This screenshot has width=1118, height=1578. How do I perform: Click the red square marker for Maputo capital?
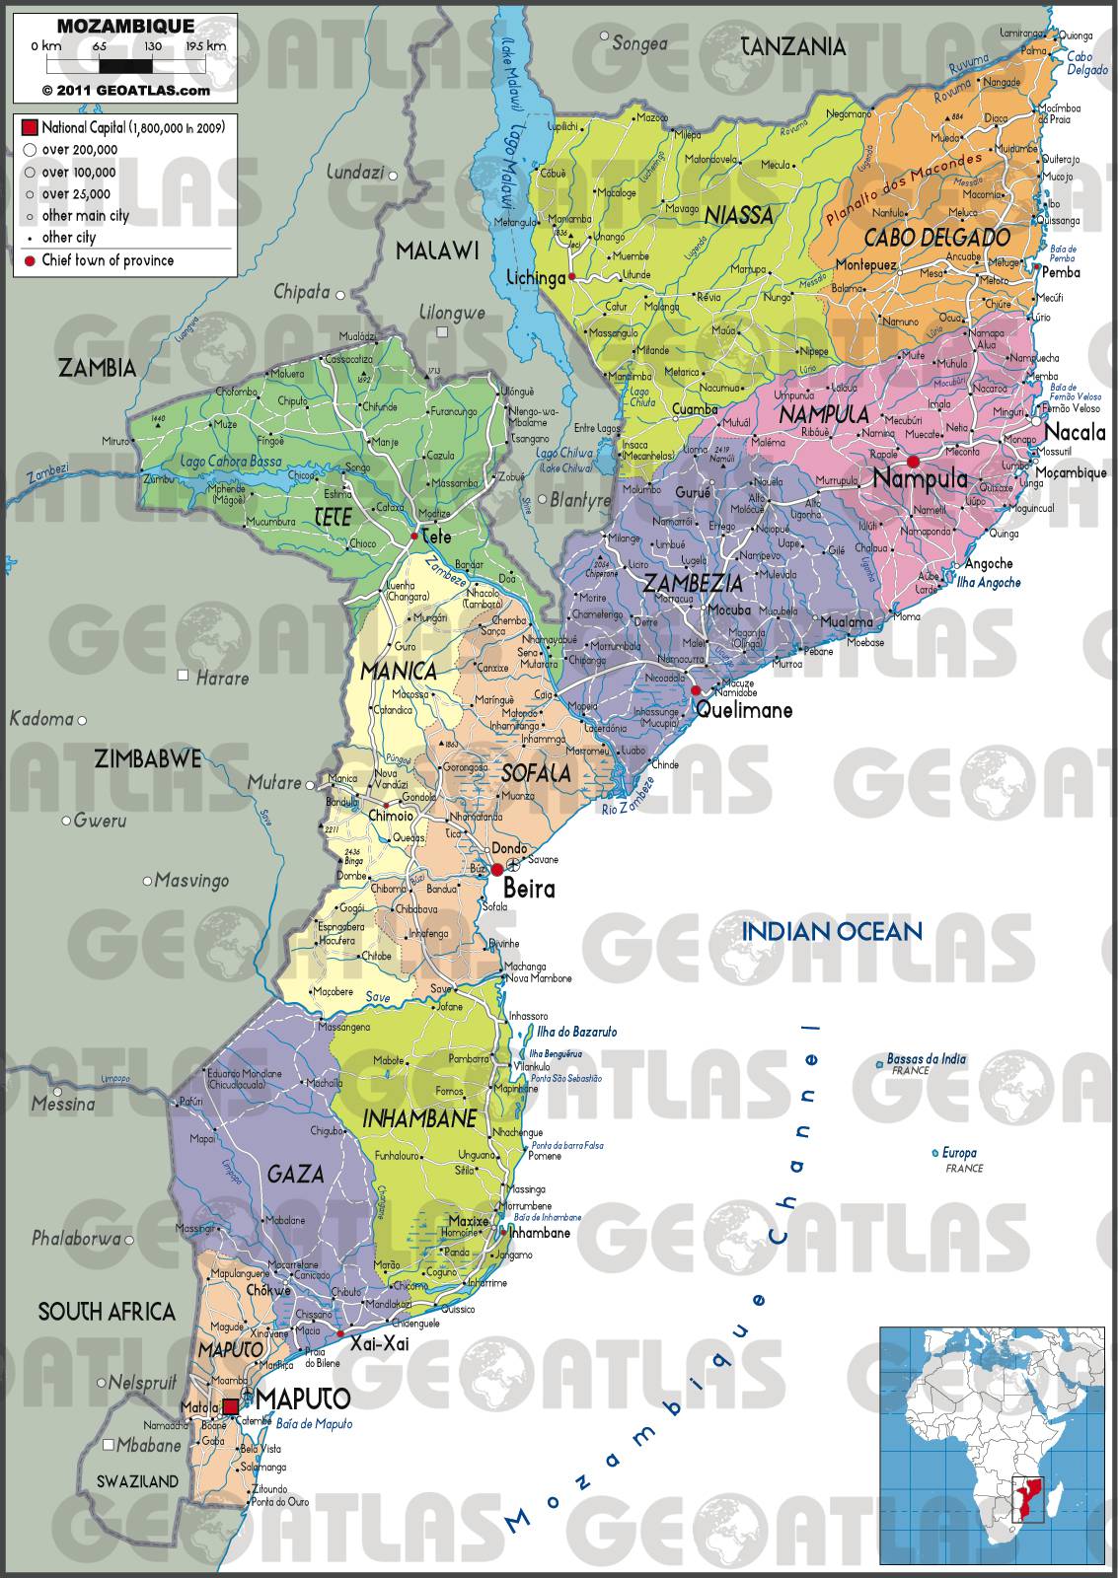pos(230,1406)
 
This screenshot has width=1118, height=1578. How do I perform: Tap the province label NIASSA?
pos(738,214)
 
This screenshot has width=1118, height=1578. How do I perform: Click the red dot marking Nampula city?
pos(913,462)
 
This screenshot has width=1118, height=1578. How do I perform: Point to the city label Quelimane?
pos(744,709)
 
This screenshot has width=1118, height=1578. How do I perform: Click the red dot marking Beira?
pos(497,869)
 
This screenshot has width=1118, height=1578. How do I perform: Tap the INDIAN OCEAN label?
pos(832,930)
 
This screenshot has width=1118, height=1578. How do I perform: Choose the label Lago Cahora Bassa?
pos(231,462)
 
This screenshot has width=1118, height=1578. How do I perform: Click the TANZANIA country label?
pos(793,46)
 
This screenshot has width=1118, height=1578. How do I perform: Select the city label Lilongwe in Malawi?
pos(453,314)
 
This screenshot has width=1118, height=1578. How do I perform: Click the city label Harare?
pos(222,679)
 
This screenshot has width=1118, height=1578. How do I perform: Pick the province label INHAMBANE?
pos(419,1118)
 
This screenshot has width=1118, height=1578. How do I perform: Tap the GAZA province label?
pos(295,1173)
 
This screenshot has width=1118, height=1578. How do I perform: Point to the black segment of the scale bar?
pos(126,66)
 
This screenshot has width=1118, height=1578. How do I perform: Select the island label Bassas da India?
pos(926,1058)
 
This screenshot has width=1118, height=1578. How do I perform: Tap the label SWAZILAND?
pos(137,1480)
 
